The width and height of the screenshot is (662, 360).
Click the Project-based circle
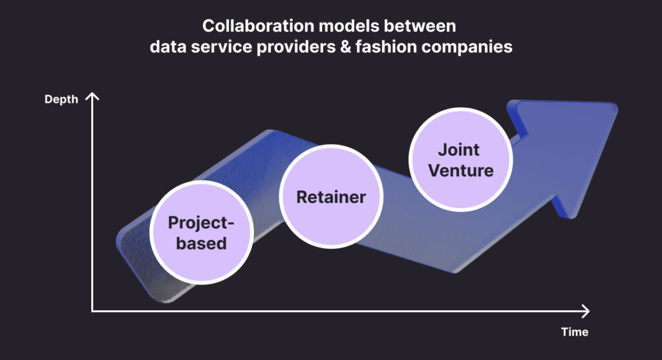click(x=200, y=233)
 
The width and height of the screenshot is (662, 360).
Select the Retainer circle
click(x=331, y=197)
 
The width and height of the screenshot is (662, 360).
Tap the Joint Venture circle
click(x=462, y=160)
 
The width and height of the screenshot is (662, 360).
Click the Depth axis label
click(x=61, y=100)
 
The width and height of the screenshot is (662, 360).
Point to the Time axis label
click(x=575, y=332)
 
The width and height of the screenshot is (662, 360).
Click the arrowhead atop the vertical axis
click(x=92, y=97)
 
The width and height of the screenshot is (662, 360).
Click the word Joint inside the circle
click(x=459, y=150)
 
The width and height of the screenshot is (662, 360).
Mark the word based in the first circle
click(x=201, y=243)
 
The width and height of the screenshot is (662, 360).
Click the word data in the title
click(x=166, y=47)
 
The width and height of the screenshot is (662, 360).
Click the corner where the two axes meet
click(x=92, y=311)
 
